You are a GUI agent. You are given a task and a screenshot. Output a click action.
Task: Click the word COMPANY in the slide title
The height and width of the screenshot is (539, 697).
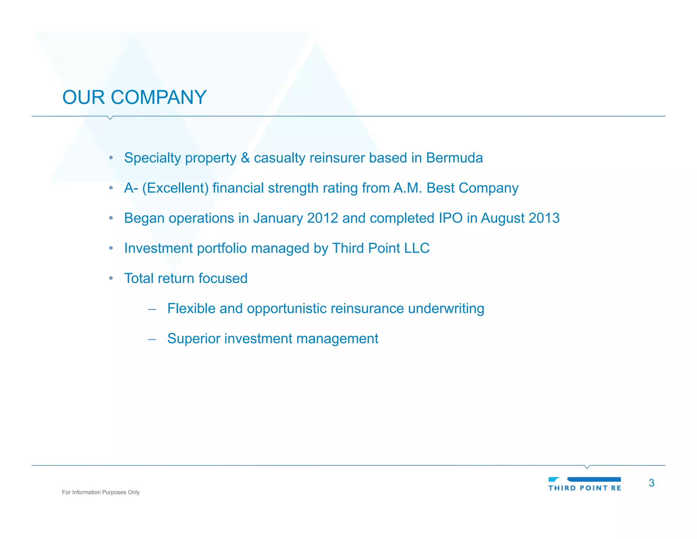coord(159,97)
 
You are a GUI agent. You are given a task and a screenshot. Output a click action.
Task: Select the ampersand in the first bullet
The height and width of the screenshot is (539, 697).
coord(245,158)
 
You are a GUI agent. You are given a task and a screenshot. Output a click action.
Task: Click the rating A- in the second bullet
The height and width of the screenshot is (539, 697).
coord(131,188)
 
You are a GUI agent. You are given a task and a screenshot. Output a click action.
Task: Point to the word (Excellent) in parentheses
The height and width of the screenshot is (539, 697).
coord(175,188)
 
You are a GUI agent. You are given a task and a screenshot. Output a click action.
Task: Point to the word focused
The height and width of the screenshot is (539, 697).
coord(223,278)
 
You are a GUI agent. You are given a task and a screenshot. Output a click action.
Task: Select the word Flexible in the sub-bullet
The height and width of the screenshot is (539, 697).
coord(191,308)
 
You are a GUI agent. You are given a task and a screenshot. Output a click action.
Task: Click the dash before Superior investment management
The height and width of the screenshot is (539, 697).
coord(152,339)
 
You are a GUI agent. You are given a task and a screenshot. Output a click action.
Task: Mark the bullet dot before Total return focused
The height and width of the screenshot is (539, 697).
coord(111,278)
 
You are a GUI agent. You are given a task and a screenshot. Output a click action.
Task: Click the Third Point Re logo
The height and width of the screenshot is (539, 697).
coord(584,484)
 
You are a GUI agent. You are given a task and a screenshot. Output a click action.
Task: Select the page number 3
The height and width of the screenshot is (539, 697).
coord(651,483)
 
